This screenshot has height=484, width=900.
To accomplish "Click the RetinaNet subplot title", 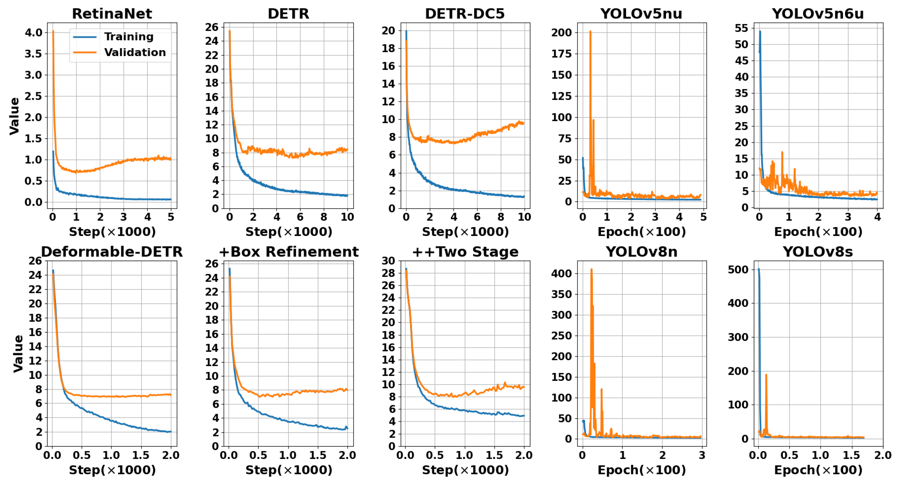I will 112,14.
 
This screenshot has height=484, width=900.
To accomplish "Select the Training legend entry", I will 129,37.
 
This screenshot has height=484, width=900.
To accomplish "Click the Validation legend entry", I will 135,52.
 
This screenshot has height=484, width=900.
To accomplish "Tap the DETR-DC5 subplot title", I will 465,14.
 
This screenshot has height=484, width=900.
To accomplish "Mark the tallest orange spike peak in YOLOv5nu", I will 590,31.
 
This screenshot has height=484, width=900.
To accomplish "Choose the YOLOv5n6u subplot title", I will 818,14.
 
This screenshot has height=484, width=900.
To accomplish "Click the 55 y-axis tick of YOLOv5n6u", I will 741,28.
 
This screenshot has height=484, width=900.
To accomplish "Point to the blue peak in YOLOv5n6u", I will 760,31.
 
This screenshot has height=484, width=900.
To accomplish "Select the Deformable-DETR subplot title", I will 112,252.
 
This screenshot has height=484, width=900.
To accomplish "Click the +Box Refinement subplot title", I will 289,252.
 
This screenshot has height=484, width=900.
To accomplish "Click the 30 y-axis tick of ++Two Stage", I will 388,261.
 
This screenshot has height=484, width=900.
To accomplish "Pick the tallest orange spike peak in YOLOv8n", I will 591,269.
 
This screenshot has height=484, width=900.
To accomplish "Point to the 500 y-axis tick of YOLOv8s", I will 738,270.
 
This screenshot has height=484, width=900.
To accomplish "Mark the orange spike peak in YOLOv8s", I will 766,375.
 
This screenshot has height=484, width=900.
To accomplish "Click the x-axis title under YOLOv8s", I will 818,470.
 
